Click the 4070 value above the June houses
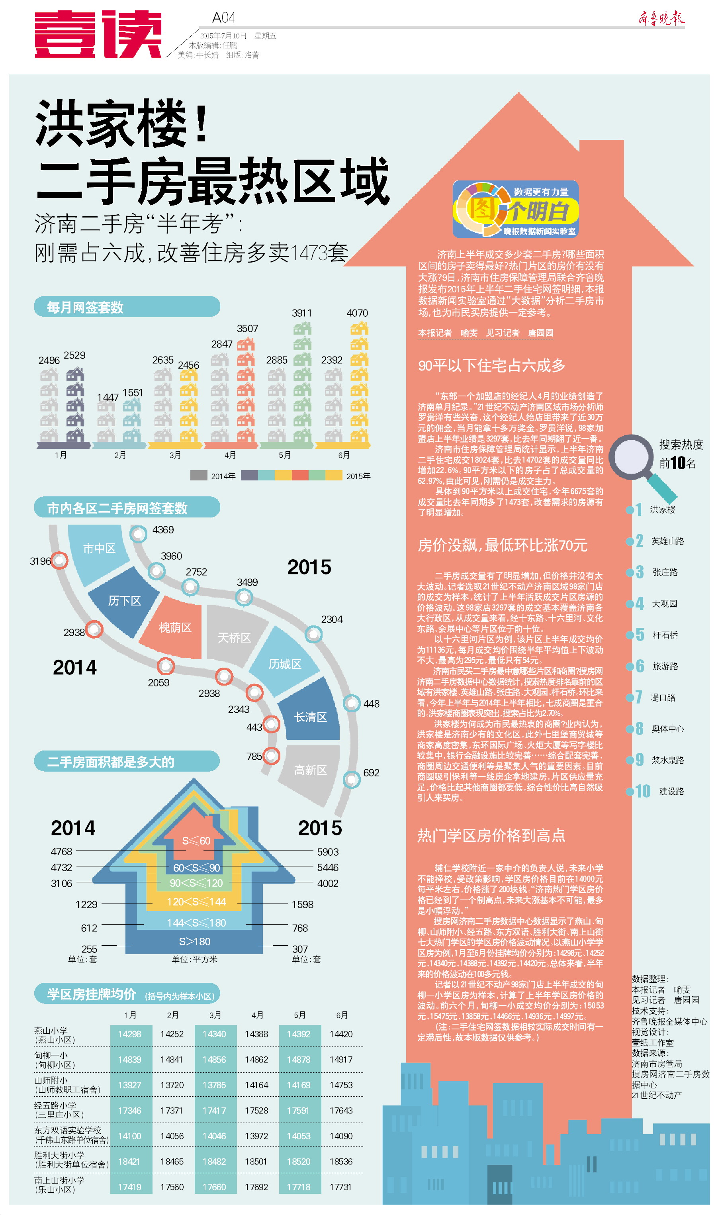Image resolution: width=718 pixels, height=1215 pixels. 357,313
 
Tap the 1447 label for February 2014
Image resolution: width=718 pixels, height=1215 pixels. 108,397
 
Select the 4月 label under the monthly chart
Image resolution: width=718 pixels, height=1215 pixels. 230,455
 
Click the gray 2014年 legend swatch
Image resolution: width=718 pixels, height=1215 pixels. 199,475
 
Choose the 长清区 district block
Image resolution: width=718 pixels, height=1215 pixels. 310,717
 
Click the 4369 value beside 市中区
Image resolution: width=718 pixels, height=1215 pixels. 162,530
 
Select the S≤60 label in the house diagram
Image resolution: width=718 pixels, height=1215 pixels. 196,841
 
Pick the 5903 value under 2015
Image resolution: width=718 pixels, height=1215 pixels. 328,852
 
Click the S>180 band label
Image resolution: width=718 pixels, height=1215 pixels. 194,941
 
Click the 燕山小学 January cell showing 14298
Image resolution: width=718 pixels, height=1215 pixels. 130,1034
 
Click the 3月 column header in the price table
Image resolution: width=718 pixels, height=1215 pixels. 215,1015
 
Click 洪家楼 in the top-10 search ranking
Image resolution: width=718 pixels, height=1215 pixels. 662,510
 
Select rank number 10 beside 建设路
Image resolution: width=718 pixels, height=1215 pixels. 642,791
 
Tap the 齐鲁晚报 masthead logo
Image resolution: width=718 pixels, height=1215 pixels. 661,18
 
